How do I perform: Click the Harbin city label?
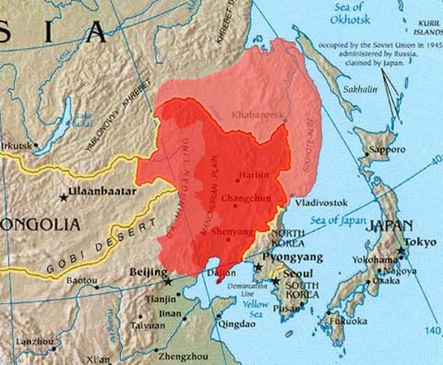255,175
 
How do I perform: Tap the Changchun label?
245,199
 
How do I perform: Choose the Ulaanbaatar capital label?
103,192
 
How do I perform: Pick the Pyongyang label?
292,259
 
